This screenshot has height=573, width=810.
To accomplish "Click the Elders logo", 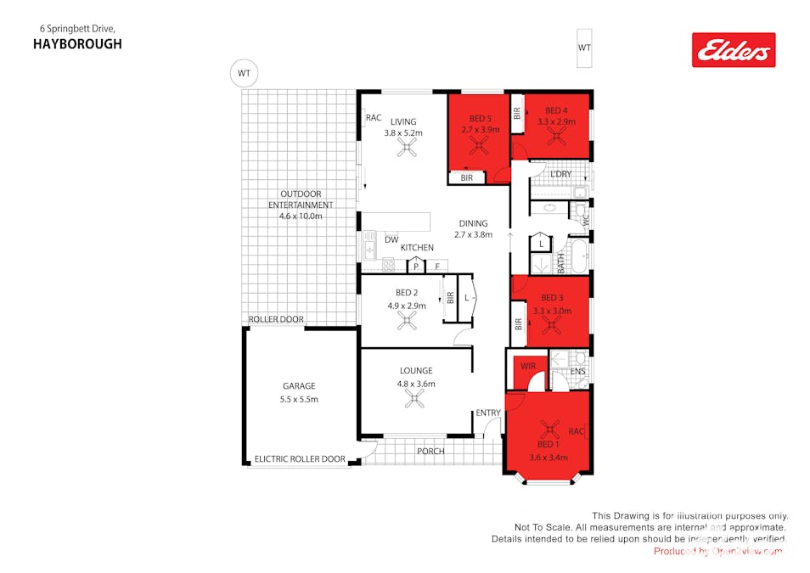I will [x=734, y=50].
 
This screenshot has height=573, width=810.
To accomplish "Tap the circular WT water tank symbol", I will [x=244, y=73].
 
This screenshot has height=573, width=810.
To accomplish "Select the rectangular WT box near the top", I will [x=584, y=48].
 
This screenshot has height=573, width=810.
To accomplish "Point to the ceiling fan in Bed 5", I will [x=481, y=147].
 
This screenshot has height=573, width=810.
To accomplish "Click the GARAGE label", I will [x=299, y=385].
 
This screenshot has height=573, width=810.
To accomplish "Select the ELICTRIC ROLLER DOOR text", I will [x=300, y=459].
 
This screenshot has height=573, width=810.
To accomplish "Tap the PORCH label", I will [x=430, y=451].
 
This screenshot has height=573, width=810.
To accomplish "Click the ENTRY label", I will [x=488, y=413].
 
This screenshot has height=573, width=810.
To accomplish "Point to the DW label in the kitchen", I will [x=391, y=240].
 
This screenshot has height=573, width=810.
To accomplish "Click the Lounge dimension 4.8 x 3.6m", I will [x=416, y=384].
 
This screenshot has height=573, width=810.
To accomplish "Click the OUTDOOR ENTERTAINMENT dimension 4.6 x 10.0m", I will [x=301, y=216].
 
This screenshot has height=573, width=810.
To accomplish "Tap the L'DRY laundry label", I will [x=560, y=174].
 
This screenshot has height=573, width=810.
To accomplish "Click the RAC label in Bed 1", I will [x=577, y=431].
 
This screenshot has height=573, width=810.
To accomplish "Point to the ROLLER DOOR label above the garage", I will [x=276, y=320].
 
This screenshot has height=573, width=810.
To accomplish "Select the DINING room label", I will [x=473, y=224].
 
